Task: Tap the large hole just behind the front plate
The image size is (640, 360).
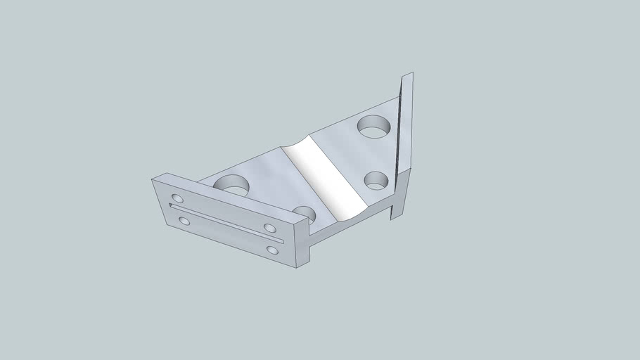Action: [232, 185]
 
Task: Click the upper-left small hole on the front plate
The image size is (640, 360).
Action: [177, 198]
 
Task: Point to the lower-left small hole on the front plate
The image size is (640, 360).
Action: [184, 221]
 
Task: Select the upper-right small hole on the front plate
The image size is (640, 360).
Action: [269, 228]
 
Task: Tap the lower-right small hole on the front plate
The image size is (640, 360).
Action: [272, 250]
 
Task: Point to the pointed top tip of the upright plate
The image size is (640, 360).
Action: [410, 73]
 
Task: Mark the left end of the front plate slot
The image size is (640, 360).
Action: [172, 206]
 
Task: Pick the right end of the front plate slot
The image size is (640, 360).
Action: [282, 241]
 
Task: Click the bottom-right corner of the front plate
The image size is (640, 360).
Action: [297, 269]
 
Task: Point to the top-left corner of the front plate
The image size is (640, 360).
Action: [153, 179]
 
